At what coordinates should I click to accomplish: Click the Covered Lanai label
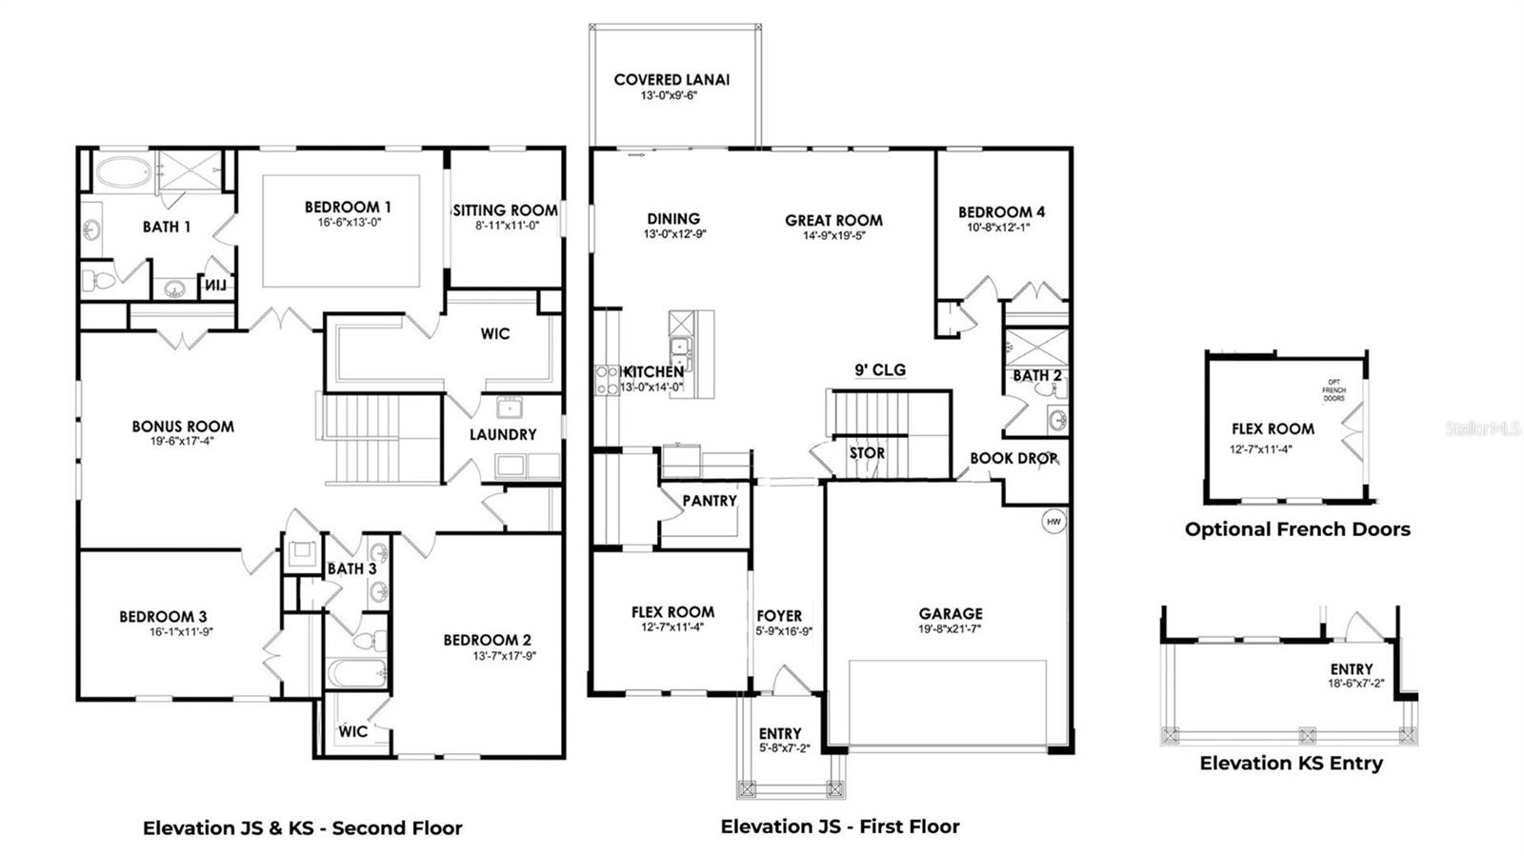672,80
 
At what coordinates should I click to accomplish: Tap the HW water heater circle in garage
1053,522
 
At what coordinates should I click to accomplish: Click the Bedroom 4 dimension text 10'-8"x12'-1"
1000,228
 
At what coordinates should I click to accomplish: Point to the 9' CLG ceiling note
879,369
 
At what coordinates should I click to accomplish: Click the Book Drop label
1013,458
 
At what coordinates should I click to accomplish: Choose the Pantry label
709,501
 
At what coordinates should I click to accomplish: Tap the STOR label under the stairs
867,453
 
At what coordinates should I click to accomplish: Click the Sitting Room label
505,210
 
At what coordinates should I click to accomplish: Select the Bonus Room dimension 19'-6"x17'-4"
182,441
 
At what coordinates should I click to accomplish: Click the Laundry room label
503,434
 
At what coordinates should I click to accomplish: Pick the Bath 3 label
351,568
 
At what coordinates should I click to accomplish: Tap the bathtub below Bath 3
357,673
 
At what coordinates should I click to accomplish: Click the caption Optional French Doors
1297,529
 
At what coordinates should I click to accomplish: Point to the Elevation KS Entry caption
1291,763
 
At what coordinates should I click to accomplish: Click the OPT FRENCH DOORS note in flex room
1333,389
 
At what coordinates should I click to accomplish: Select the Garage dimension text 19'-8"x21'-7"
950,629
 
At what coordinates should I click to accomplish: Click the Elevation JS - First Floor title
840,826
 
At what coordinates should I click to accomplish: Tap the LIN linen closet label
218,285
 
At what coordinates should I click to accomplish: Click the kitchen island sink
680,347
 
